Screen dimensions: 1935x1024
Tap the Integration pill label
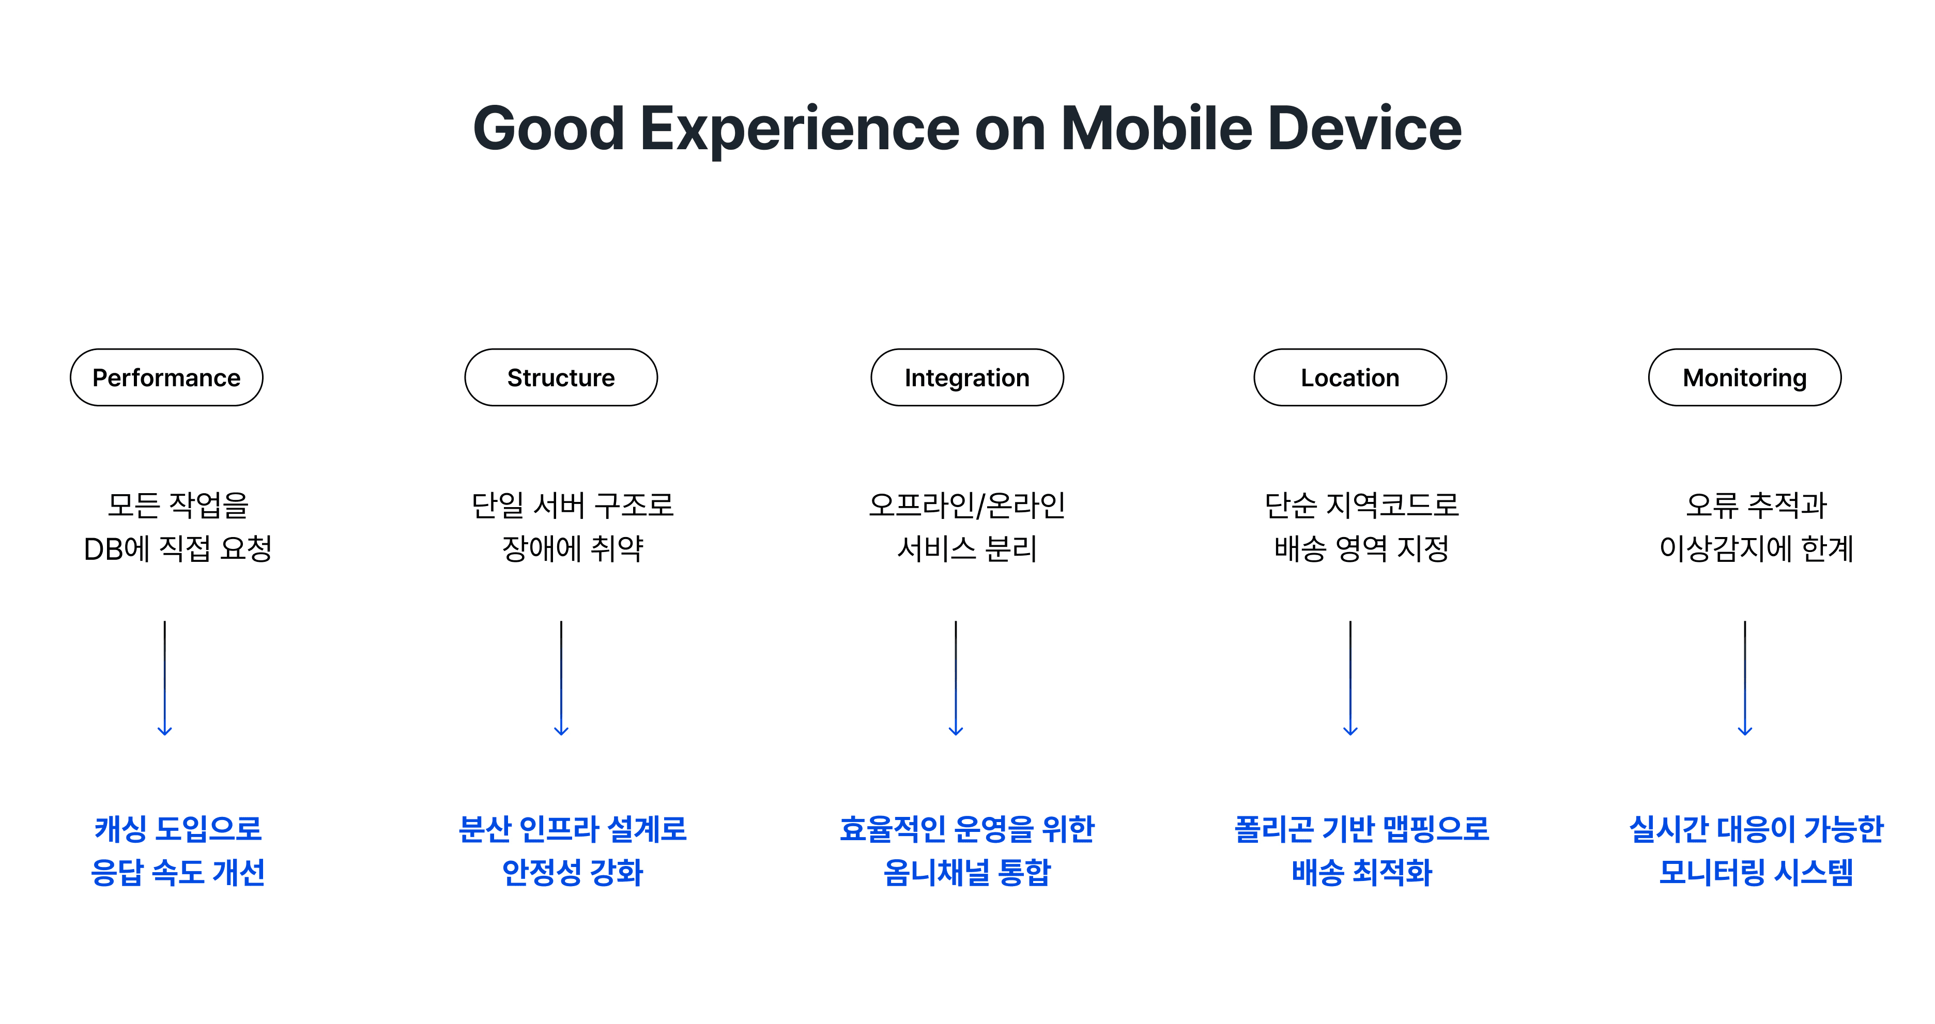[967, 377]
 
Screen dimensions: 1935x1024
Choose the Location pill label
[1350, 377]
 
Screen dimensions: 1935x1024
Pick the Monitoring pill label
[1744, 377]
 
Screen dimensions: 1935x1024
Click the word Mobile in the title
[1157, 129]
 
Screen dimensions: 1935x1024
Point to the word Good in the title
[549, 129]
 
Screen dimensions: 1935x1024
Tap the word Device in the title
[1365, 129]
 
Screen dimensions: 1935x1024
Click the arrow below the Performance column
[164, 678]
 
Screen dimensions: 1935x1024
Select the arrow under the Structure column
[561, 678]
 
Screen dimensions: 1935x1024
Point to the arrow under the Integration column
[956, 678]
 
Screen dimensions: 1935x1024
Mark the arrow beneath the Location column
[1350, 678]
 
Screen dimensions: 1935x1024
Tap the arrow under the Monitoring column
[1744, 678]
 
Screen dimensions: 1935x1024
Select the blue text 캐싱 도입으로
[178, 829]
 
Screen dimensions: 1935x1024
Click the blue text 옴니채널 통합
[967, 872]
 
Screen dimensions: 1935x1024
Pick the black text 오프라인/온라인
[967, 505]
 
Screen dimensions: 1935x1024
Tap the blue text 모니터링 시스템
[1756, 872]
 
